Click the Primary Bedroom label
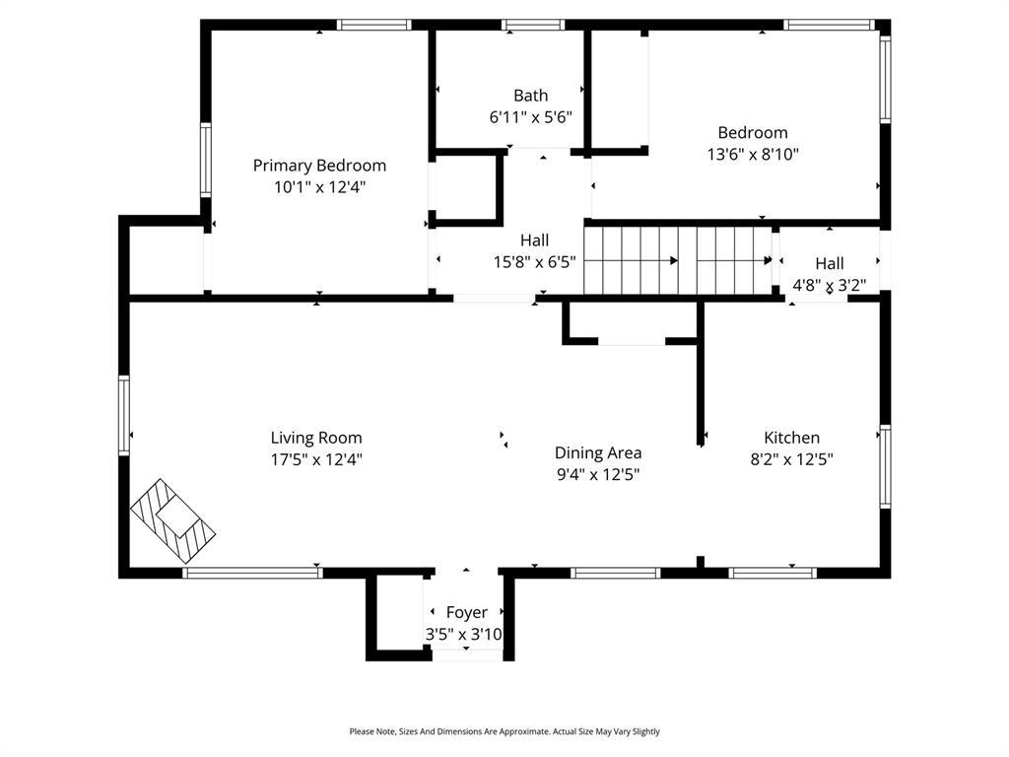319,166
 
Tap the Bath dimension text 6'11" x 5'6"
530,116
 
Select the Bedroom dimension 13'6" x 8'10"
752,154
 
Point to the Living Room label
316,438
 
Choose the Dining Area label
597,452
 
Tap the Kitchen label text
791,438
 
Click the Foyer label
466,612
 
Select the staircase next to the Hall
678,260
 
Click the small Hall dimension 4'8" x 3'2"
829,286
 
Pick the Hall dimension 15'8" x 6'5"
534,262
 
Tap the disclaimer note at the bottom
504,731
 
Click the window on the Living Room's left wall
124,414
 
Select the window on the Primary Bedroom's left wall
205,160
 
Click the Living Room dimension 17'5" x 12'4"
316,459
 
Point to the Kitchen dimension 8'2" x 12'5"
791,459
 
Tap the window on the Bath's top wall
532,25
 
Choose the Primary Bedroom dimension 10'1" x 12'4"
319,186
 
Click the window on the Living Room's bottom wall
252,573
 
